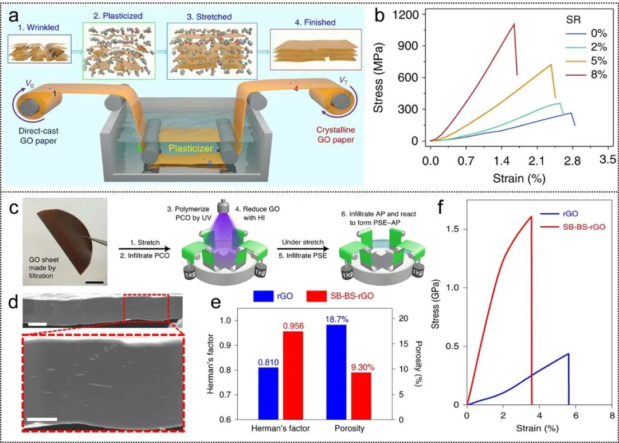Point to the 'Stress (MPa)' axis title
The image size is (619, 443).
pos(379,77)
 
